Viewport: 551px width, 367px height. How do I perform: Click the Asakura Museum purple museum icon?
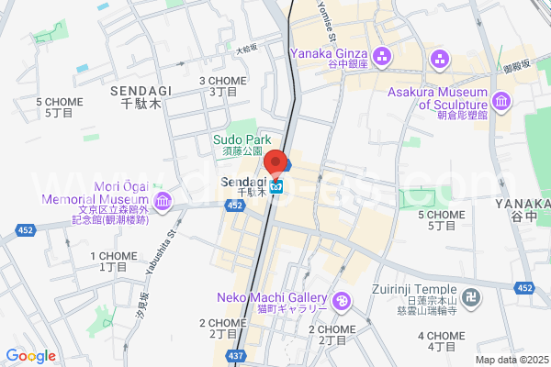click(x=500, y=99)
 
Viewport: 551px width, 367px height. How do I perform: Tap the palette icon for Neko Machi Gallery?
click(x=341, y=300)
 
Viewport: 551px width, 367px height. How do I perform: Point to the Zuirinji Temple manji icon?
click(x=470, y=297)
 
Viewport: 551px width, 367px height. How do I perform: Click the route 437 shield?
click(x=237, y=355)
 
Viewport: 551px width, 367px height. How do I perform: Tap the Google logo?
click(x=30, y=356)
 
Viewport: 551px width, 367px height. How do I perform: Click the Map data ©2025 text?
click(x=511, y=360)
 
